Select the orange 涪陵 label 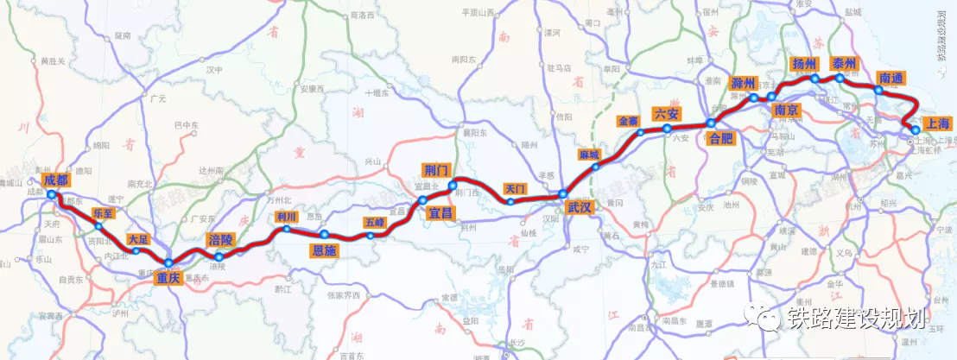[x=220, y=239]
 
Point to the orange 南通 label [x=890, y=78]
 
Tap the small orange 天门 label [x=515, y=187]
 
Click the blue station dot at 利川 [x=287, y=230]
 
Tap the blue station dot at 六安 [x=668, y=129]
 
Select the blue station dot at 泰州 [x=840, y=78]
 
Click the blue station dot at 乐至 [x=98, y=226]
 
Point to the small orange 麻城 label [x=589, y=155]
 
